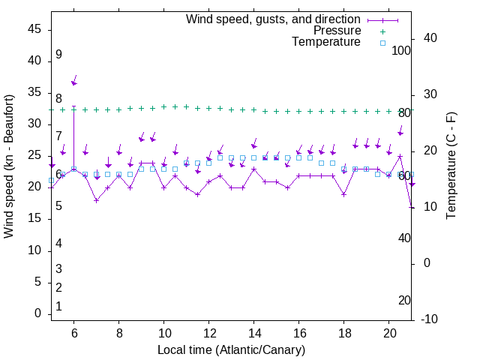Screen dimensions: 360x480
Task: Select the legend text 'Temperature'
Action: [x=326, y=43]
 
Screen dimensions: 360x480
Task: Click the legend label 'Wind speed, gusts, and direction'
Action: [x=273, y=19]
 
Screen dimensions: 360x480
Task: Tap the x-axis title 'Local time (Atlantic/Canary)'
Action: [x=232, y=350]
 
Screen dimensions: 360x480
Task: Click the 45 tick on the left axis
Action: [x=34, y=29]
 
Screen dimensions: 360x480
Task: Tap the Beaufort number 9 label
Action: [x=58, y=55]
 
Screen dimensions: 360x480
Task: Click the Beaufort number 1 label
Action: [x=58, y=307]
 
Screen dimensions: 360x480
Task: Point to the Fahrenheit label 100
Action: [x=401, y=50]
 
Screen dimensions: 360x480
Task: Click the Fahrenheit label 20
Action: [x=404, y=300]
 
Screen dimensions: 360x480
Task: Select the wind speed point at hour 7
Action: [x=96, y=200]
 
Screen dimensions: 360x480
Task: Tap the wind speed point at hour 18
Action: [x=344, y=194]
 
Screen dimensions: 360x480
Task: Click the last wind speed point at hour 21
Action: [x=412, y=207]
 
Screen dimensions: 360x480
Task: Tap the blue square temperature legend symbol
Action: [x=382, y=43]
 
